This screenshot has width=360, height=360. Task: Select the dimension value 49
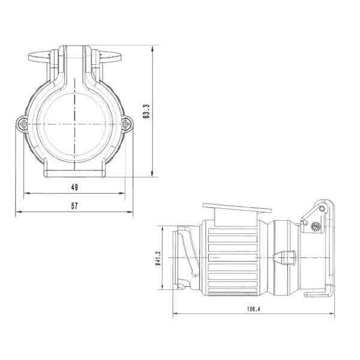(74, 187)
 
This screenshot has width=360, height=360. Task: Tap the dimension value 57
(74, 206)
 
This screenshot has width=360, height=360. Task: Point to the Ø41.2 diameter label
(157, 258)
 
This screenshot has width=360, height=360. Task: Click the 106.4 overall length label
(253, 309)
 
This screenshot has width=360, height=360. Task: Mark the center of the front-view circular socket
(74, 124)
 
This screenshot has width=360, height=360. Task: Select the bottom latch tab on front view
(74, 173)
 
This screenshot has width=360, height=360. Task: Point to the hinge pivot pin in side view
(322, 208)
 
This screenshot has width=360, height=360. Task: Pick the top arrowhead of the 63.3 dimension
(155, 47)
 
